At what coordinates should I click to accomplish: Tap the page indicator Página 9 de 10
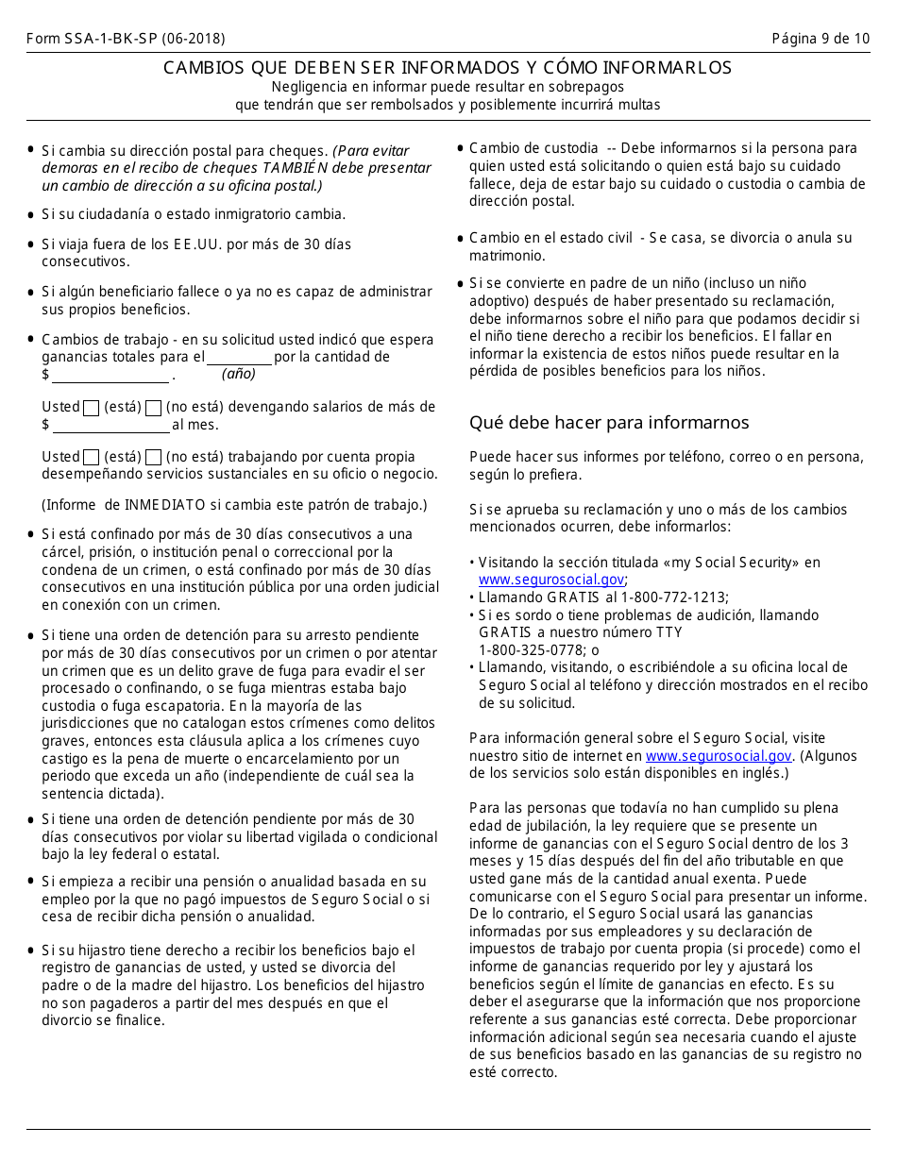coord(821,39)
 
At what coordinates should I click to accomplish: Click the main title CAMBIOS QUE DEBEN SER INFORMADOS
coord(448,68)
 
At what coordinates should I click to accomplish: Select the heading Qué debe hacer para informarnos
coord(609,422)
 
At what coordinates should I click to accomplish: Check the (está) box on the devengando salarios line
coord(92,408)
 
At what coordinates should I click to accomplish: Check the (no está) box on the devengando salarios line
coord(154,408)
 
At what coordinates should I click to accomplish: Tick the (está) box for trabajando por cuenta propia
coord(92,457)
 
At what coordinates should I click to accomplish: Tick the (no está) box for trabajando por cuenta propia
coord(154,457)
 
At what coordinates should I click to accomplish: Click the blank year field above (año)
coord(239,358)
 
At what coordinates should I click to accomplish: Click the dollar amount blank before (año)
coord(110,376)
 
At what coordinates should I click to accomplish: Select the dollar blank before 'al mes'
coord(110,426)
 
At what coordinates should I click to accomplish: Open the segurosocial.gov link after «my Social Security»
coord(550,580)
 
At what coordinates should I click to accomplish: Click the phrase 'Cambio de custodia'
coord(533,148)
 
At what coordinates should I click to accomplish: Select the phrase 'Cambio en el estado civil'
coord(550,238)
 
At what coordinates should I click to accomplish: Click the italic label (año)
coord(239,374)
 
